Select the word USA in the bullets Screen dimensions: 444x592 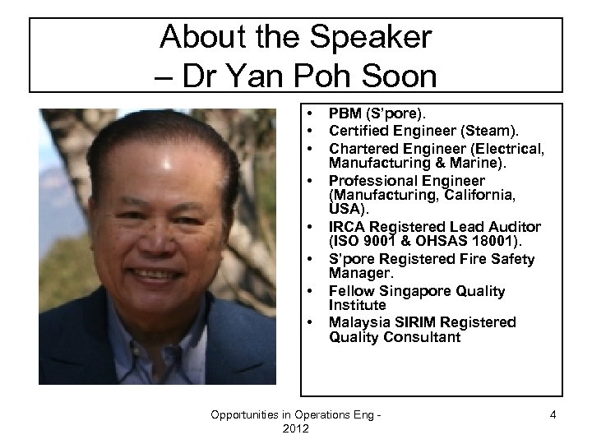click(345, 210)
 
